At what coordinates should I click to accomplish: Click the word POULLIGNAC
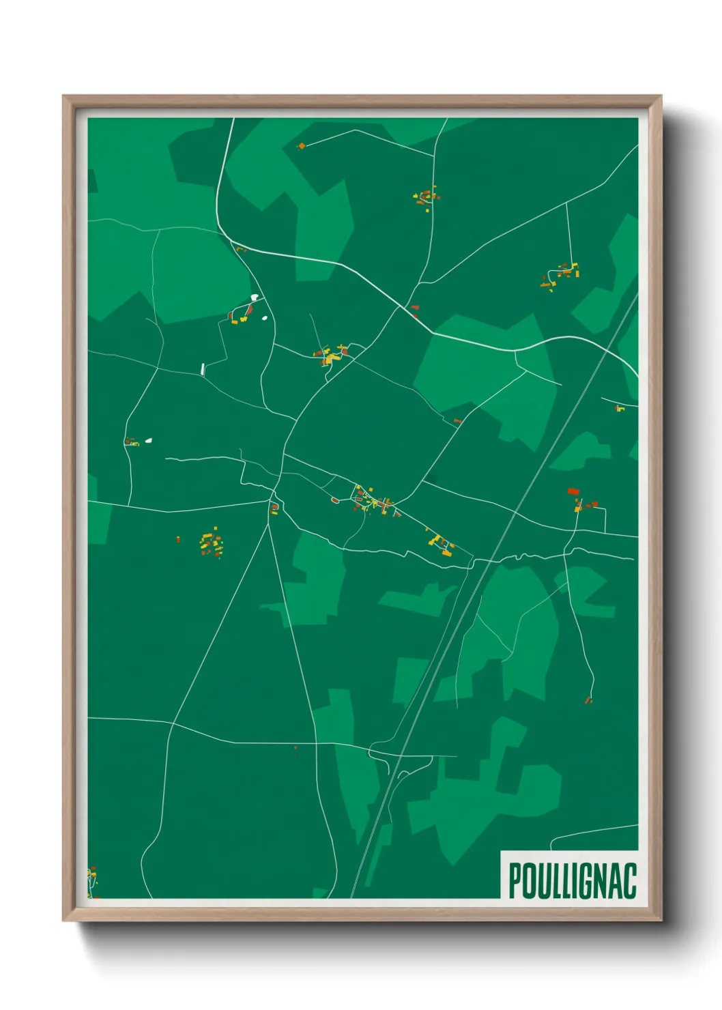point(572,881)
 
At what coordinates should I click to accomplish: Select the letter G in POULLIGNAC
point(586,881)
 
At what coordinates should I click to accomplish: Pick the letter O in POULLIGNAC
point(528,881)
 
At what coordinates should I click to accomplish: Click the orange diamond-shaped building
point(301,145)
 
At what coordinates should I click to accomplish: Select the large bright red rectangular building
point(573,491)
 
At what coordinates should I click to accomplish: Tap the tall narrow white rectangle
point(203,369)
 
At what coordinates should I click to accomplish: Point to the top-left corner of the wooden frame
point(64,97)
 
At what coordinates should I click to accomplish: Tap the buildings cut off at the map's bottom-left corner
point(91,881)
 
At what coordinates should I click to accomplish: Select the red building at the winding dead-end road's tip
point(588,699)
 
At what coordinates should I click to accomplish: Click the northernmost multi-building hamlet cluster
point(426,197)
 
